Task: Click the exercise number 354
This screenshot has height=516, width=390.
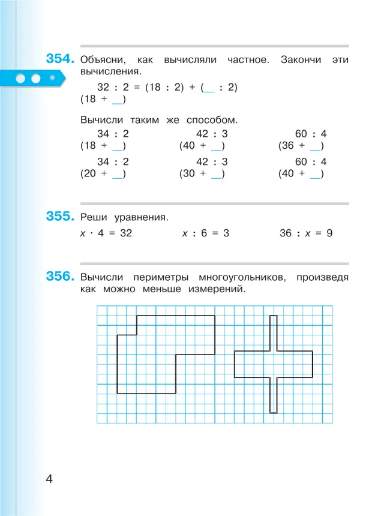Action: point(60,59)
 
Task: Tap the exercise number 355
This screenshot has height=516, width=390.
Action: point(60,217)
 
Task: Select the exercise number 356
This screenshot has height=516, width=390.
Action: point(60,277)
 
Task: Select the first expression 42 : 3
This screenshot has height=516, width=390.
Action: point(212,134)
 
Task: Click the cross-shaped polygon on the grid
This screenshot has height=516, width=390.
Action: point(273,364)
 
